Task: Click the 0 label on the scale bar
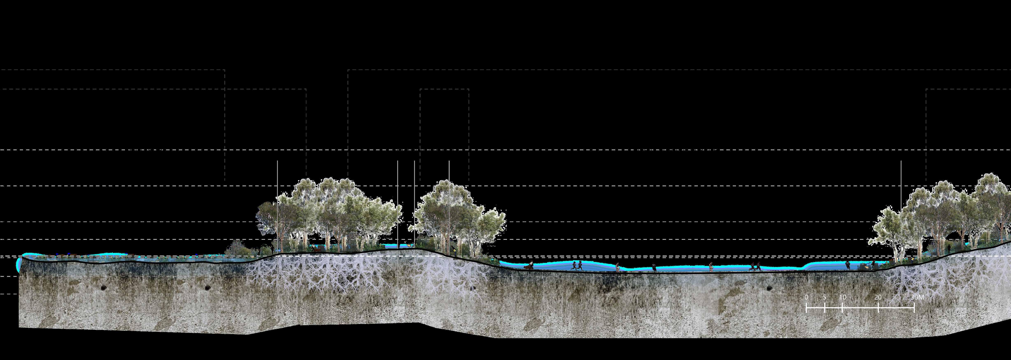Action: pyautogui.click(x=806, y=297)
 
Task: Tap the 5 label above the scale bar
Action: pyautogui.click(x=825, y=297)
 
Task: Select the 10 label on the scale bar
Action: pyautogui.click(x=842, y=297)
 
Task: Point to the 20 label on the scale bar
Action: pyautogui.click(x=878, y=297)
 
